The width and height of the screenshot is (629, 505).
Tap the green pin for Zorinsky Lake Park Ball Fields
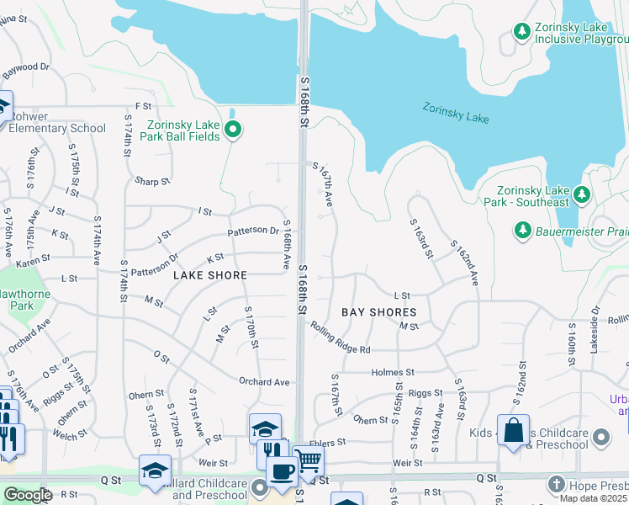[x=235, y=130]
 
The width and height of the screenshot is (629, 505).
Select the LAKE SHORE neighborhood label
[x=210, y=275]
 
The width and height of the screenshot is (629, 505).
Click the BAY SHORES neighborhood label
[x=378, y=312]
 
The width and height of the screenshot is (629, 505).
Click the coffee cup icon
[x=282, y=470]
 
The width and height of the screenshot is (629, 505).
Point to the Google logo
[x=28, y=495]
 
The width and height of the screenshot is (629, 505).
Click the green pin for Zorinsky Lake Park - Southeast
[x=581, y=195]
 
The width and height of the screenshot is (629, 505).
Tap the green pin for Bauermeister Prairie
[x=522, y=229]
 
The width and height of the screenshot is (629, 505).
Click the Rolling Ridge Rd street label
[x=340, y=338]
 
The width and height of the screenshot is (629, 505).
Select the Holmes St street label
[x=394, y=371]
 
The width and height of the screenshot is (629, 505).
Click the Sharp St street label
[x=151, y=181]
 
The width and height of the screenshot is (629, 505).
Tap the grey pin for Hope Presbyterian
[x=556, y=484]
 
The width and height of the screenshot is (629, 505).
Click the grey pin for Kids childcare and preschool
[x=600, y=437]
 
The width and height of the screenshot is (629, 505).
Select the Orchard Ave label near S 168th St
[x=264, y=382]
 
